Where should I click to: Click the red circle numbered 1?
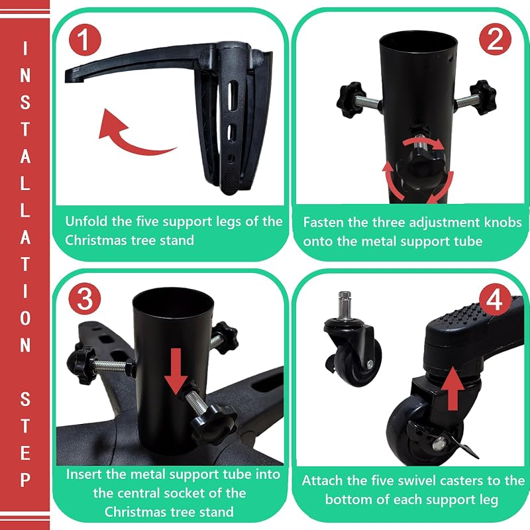[85, 40]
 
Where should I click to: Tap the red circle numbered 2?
[495, 39]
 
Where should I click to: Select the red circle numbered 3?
[85, 299]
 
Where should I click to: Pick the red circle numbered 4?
[495, 299]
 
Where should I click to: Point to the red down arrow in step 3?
[176, 371]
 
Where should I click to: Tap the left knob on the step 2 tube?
[350, 98]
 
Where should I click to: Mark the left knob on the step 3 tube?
[82, 365]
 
